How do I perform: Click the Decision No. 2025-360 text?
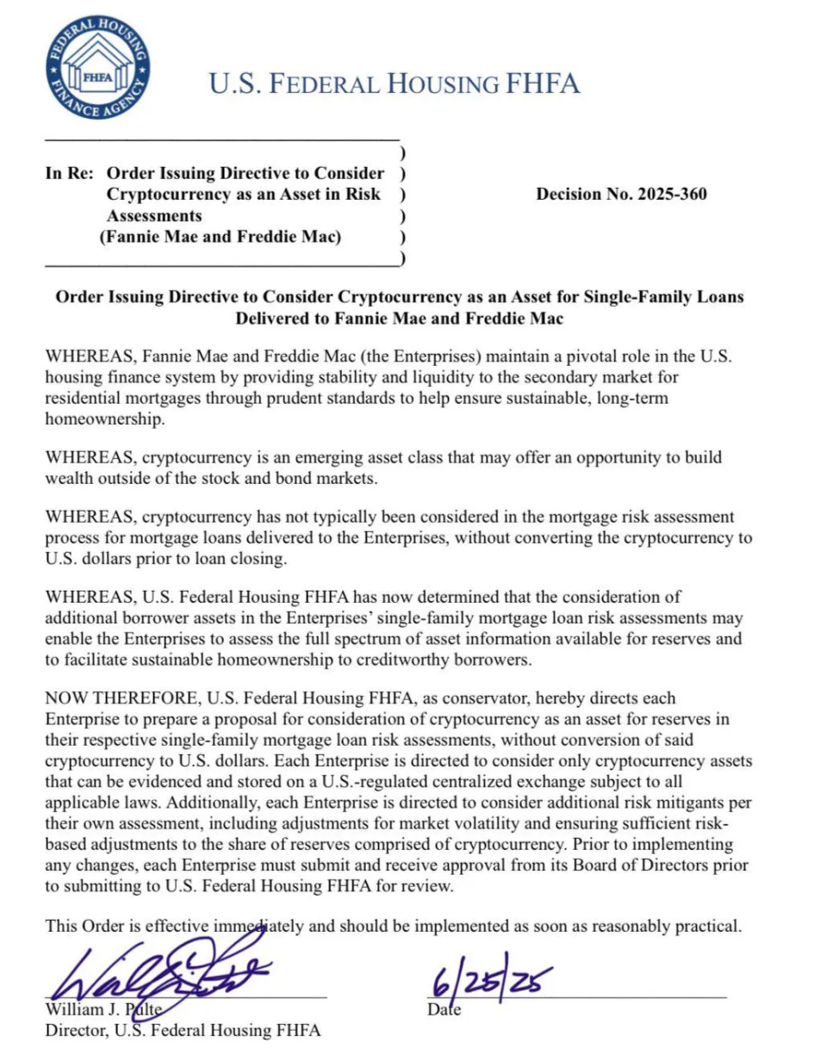[621, 195]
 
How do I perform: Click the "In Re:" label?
[65, 173]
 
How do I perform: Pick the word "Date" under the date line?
[444, 1009]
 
